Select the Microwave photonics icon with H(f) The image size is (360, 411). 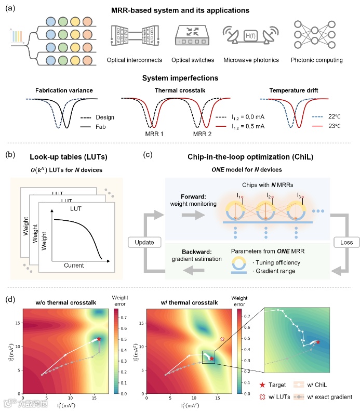coord(250,36)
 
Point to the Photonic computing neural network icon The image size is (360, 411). coord(311,35)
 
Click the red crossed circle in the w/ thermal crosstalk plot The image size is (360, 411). coord(222,339)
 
